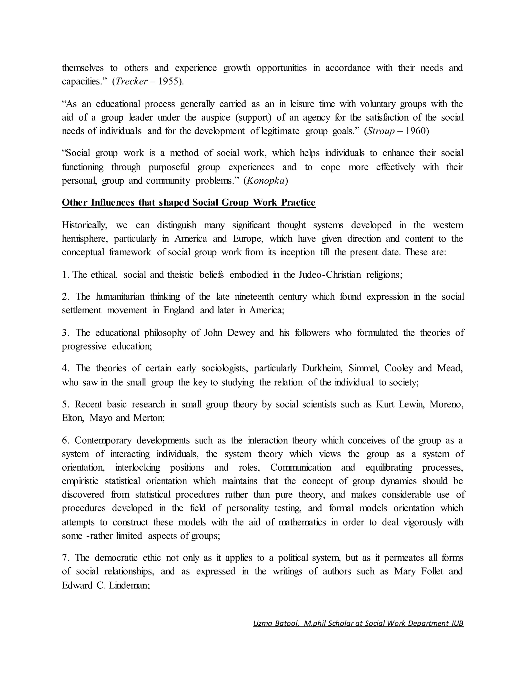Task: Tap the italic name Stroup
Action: point(381,131)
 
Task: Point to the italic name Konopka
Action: point(266,181)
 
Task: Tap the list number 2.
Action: point(65,297)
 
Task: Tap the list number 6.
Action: point(65,441)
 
